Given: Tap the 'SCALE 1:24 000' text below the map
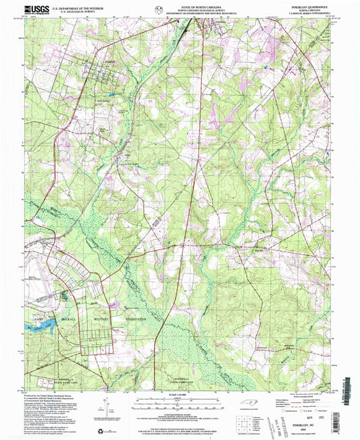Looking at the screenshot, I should [179, 393].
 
